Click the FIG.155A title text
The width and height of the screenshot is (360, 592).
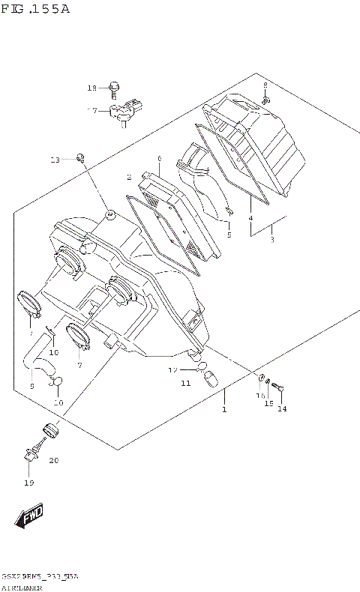pos(35,9)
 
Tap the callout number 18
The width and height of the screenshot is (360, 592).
pos(92,88)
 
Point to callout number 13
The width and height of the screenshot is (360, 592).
pos(55,160)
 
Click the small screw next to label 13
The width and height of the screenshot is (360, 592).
pos(80,157)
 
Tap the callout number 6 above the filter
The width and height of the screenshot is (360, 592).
pos(159,159)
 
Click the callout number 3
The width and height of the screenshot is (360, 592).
pos(272,239)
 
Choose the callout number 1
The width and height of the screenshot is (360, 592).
pos(223,410)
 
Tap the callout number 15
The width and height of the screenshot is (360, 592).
pos(268,404)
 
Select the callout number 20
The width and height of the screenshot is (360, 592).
pos(53,460)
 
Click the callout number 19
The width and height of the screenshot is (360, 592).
pos(28,483)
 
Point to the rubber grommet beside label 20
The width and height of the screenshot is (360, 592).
pos(51,431)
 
